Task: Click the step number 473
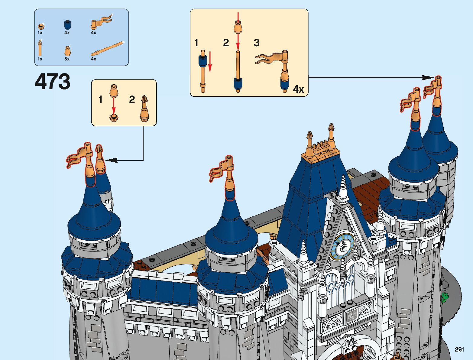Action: click(x=53, y=81)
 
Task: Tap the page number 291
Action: click(x=459, y=349)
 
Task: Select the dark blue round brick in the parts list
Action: click(x=67, y=24)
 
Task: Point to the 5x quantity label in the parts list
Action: click(x=67, y=59)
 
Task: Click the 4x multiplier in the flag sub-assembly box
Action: click(x=298, y=89)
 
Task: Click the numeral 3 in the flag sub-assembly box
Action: click(x=256, y=43)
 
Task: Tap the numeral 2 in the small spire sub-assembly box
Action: click(x=132, y=99)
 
